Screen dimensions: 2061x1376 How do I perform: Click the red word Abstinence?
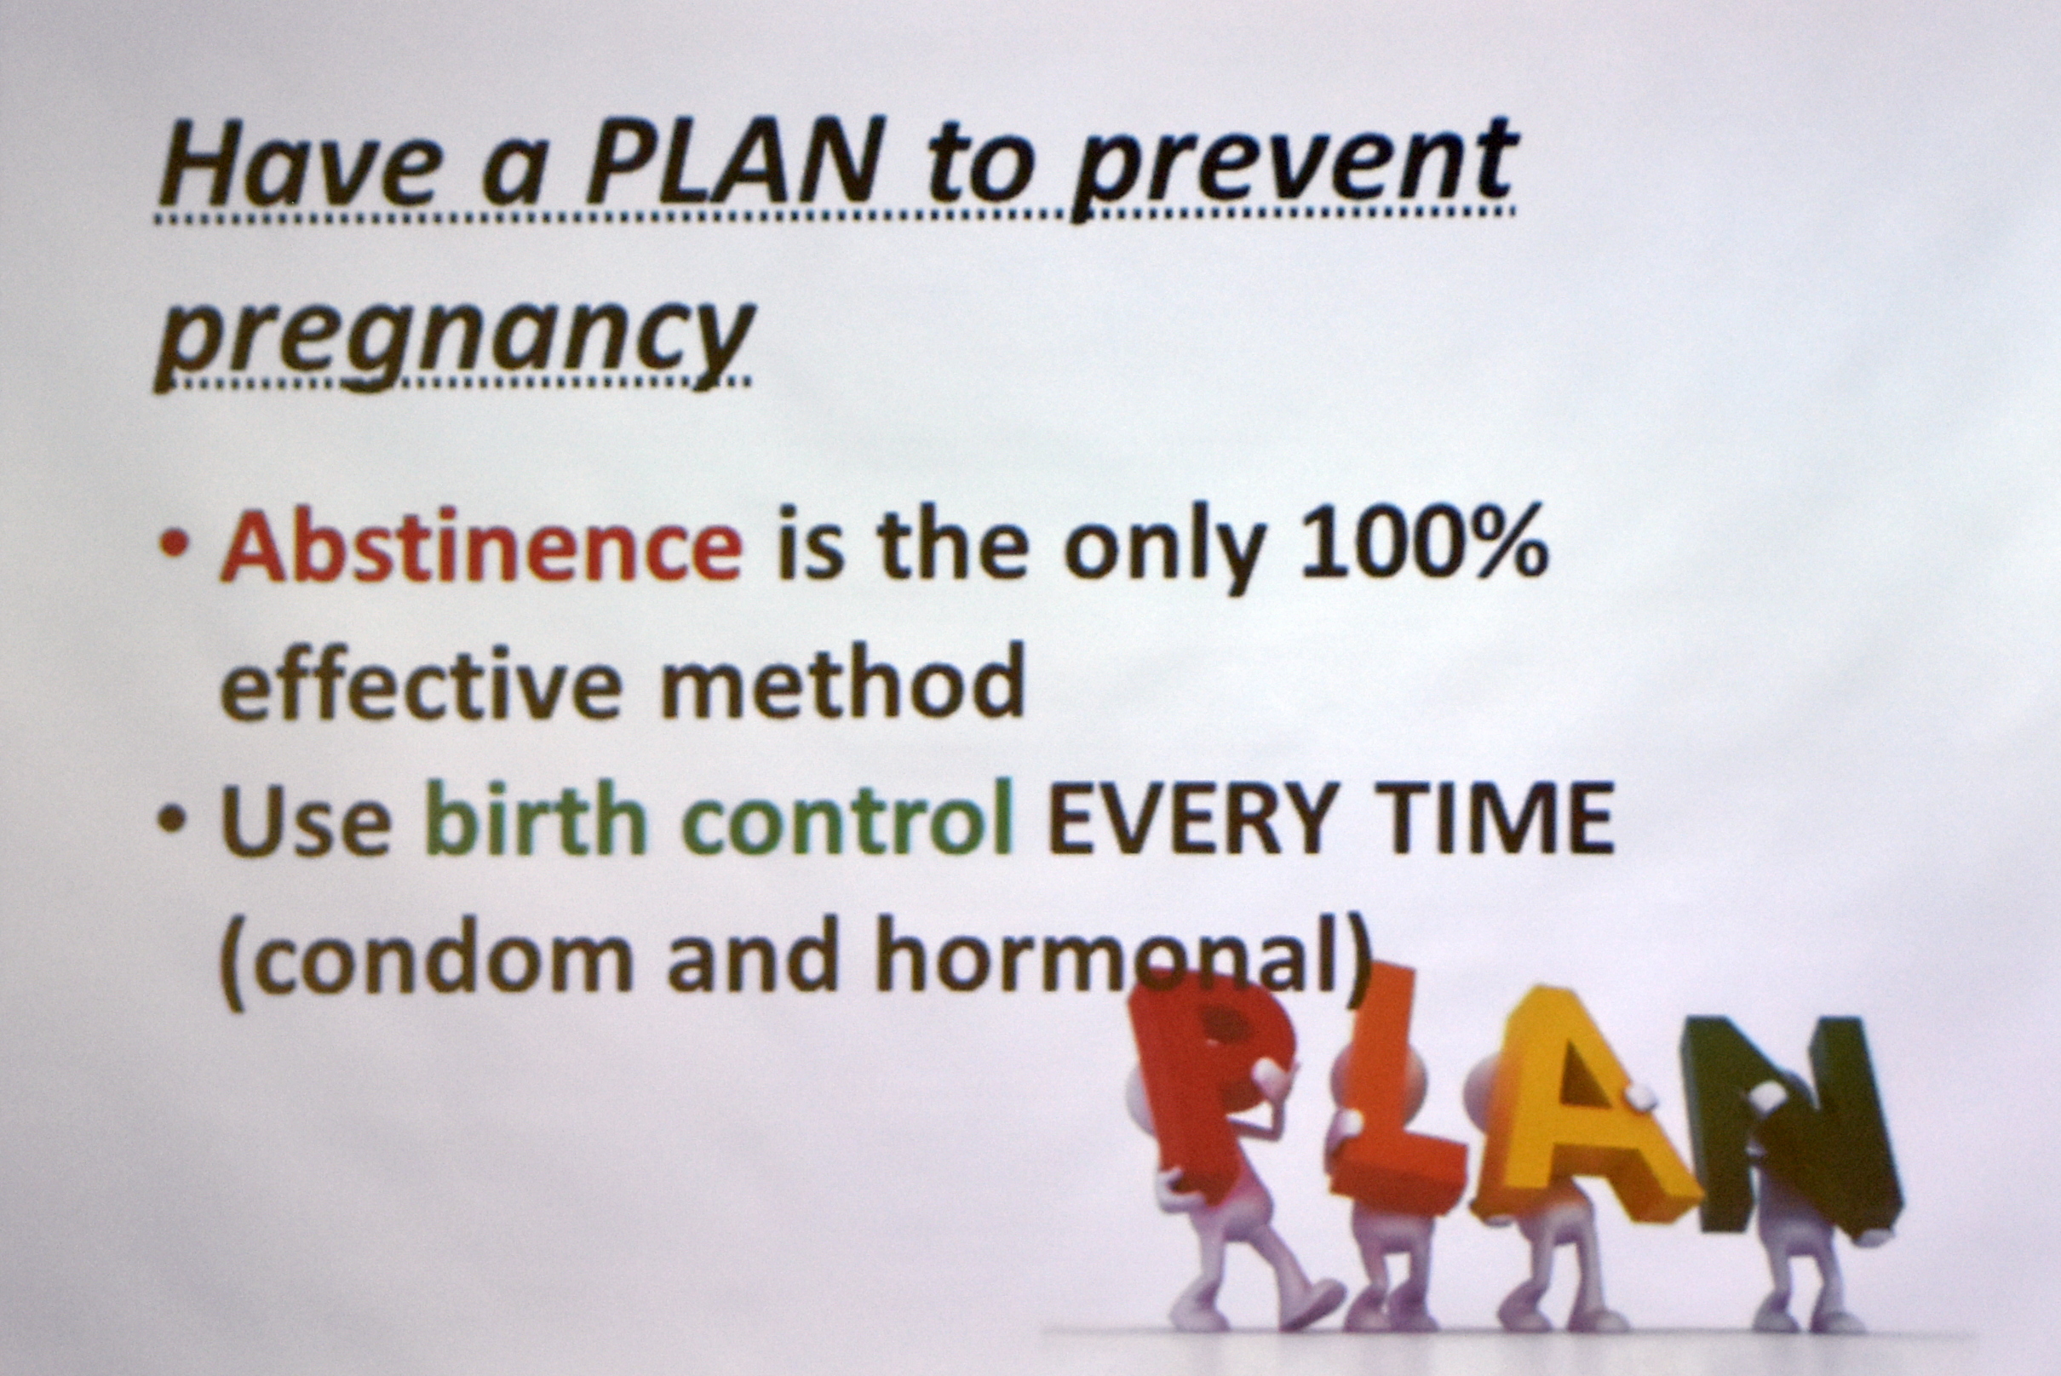click(481, 545)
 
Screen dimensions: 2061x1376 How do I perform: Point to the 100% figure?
click(1423, 545)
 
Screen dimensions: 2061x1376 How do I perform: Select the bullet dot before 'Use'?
click(174, 821)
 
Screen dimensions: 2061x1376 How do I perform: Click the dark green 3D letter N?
click(1791, 1132)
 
